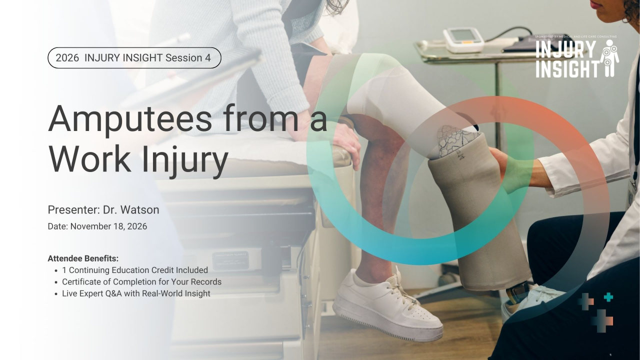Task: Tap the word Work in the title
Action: coord(89,158)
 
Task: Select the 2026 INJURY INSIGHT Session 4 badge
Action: coord(134,57)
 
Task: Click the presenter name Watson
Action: coord(139,209)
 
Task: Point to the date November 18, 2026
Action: coord(108,226)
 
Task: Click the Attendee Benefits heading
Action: coord(83,258)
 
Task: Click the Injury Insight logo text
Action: coord(567,59)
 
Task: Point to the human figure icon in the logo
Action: coord(609,58)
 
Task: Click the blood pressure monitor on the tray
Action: coord(463,39)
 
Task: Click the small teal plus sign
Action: coord(608,297)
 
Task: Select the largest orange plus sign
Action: coord(602,320)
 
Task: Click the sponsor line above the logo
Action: coord(575,36)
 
